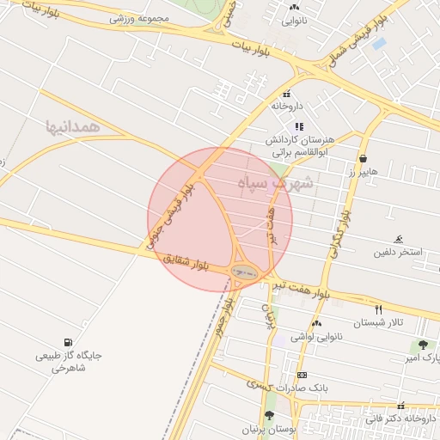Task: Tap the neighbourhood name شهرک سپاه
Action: click(x=281, y=183)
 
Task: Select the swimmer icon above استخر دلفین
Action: click(x=398, y=240)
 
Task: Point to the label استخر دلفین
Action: click(x=398, y=253)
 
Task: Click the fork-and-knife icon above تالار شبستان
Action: click(x=378, y=309)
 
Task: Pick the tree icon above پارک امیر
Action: click(x=422, y=345)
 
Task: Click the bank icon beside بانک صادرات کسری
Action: click(x=302, y=376)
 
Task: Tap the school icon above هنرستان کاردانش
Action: click(x=299, y=126)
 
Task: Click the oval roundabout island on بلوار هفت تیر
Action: click(x=244, y=272)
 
